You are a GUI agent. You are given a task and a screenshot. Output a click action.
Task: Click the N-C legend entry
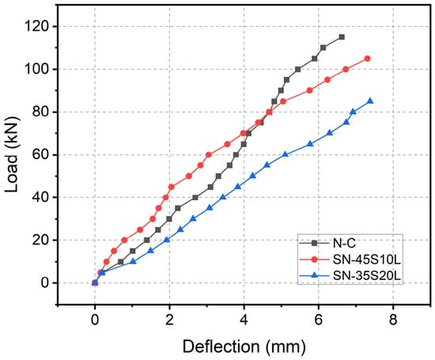[x=344, y=243]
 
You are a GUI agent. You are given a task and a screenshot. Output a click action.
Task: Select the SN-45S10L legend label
[x=367, y=260]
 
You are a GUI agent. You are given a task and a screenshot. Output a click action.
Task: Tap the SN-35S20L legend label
[x=367, y=275]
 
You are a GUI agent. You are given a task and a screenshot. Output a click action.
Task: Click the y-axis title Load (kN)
[x=11, y=154]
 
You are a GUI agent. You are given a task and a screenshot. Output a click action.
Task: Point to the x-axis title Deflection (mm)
[x=244, y=347]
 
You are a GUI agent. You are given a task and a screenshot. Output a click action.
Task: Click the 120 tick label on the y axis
[x=37, y=27]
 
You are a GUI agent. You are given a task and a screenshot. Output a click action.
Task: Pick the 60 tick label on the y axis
[x=41, y=155]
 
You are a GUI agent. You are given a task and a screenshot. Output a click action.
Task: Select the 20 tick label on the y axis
[x=41, y=241]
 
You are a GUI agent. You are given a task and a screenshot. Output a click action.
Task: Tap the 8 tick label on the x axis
[x=393, y=320]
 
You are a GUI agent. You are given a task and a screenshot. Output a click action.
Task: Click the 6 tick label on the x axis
[x=319, y=320]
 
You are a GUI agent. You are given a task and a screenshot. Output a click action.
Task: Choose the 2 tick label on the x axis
[x=169, y=320]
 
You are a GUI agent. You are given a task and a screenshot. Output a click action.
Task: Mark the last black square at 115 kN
[x=342, y=37]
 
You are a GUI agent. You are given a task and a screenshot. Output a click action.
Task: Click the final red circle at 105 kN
[x=367, y=59]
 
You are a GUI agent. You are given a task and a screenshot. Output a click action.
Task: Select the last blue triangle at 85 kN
[x=370, y=101]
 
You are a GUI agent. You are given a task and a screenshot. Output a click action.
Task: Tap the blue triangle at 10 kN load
[x=133, y=261]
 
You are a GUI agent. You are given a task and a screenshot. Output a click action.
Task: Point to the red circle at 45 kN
[x=171, y=187]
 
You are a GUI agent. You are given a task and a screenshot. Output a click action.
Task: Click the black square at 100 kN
[x=298, y=69]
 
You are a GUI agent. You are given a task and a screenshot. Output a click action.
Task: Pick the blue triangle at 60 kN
[x=286, y=154]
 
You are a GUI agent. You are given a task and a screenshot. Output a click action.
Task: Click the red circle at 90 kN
[x=310, y=90]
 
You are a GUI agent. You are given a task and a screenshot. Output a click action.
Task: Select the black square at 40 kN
[x=195, y=197]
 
